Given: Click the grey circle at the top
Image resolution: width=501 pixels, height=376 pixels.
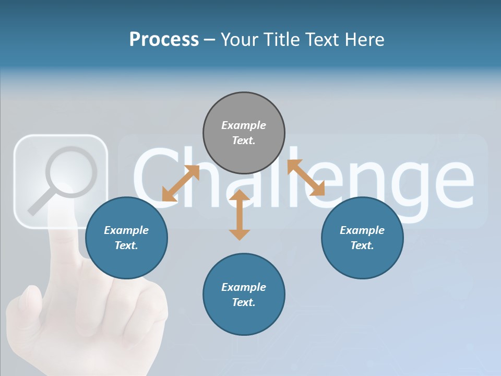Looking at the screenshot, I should click(244, 133).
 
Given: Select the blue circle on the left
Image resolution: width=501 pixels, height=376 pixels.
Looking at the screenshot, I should click(126, 238).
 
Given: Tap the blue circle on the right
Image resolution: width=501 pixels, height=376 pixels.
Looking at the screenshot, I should click(362, 238).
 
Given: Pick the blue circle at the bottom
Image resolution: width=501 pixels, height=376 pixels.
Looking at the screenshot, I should click(244, 295).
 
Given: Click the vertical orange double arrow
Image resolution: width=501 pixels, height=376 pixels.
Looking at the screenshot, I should click(240, 215).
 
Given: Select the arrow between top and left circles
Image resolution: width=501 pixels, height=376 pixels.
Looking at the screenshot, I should click(181, 183).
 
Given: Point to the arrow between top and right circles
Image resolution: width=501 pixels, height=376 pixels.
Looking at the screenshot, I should click(306, 178).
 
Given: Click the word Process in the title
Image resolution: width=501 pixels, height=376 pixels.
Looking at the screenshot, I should click(164, 39).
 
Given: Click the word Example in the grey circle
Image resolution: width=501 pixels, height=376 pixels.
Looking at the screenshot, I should click(244, 125).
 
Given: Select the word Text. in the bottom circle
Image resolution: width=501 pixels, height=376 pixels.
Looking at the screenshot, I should click(244, 302).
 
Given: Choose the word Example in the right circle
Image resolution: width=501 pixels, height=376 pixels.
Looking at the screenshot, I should click(362, 230).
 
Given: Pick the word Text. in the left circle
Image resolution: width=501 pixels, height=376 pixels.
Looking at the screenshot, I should click(126, 245).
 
